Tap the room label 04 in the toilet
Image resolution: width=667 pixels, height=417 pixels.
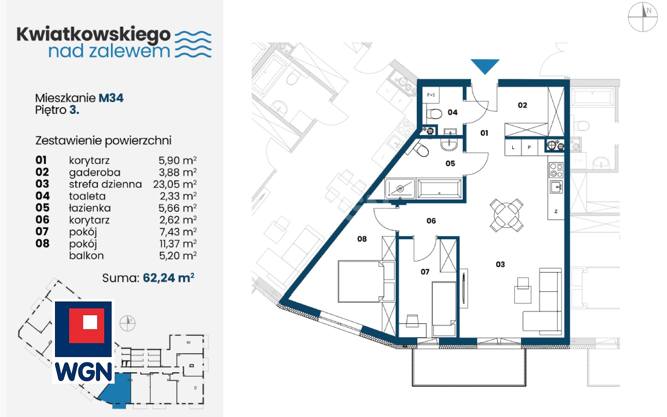click(x=452, y=112)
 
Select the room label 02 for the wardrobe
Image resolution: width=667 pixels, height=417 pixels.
click(x=522, y=105)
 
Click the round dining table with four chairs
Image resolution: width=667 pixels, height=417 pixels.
click(x=507, y=215)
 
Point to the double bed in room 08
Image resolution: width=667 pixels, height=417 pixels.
click(x=366, y=281)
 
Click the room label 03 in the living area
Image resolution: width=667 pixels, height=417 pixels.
click(x=500, y=264)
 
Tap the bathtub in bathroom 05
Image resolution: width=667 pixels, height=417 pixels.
click(x=439, y=188)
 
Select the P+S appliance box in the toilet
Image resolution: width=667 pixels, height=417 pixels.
click(x=431, y=95)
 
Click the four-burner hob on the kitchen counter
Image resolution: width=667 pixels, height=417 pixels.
click(x=556, y=170)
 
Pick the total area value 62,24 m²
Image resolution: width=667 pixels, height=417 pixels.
click(x=168, y=278)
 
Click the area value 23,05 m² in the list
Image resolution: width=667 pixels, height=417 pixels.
click(x=175, y=184)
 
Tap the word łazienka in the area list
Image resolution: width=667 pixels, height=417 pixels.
click(x=90, y=208)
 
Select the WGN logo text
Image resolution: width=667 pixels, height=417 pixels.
click(x=83, y=372)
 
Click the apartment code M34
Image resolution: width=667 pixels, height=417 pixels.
click(x=111, y=98)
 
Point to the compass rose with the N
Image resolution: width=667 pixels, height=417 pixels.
click(x=642, y=17)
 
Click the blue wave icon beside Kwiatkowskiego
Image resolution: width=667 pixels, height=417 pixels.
click(x=193, y=44)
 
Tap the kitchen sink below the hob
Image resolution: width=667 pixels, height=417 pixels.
click(x=556, y=187)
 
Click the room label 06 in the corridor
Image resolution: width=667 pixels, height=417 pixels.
click(x=431, y=221)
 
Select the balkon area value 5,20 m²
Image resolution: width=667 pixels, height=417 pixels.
click(x=178, y=256)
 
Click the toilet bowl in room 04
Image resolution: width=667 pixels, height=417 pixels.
click(x=434, y=113)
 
